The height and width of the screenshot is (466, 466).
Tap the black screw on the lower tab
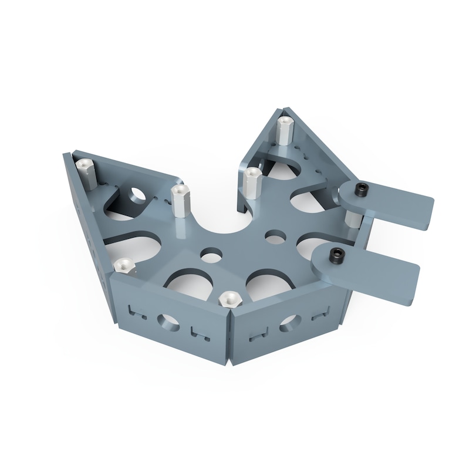(336, 255)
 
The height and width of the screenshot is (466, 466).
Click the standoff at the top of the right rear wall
(285, 131)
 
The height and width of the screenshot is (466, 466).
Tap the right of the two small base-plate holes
(273, 237)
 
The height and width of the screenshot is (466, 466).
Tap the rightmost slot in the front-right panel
(319, 314)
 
